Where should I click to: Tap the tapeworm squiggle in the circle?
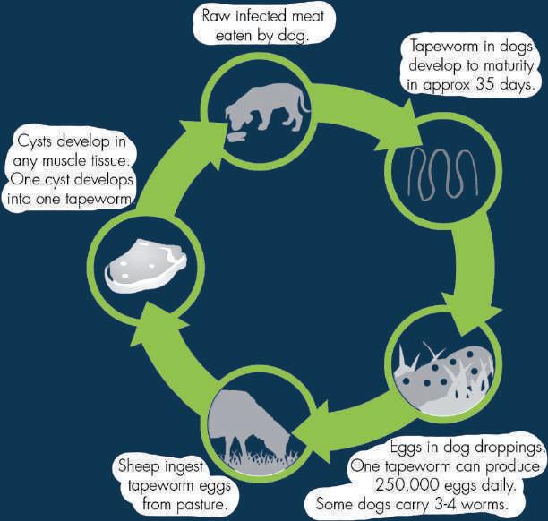point(440,171)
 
